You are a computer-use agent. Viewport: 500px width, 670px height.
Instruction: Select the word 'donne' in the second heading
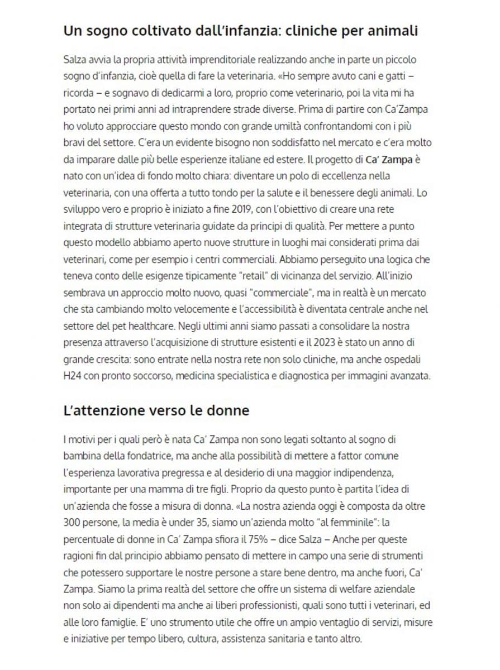(227, 411)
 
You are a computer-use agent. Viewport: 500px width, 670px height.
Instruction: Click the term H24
(74, 376)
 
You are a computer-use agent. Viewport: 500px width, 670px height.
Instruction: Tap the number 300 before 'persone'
(73, 523)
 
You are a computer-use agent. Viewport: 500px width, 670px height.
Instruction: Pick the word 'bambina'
(82, 457)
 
